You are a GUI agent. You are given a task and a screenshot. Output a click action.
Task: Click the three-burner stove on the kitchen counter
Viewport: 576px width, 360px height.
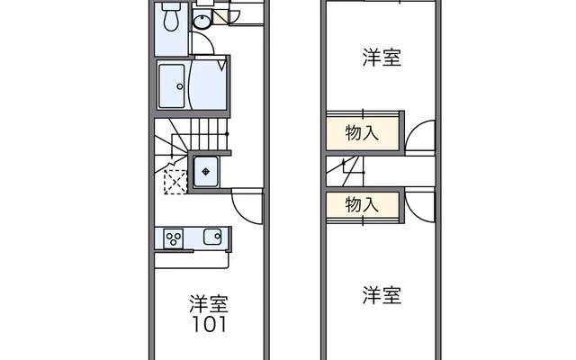(x=174, y=238)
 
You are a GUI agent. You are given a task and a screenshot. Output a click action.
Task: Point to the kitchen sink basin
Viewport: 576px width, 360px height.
(x=212, y=238)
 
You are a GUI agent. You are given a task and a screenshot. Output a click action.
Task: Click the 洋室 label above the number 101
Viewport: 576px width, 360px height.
(x=208, y=301)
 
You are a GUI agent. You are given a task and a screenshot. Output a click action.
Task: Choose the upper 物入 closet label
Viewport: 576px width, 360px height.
(x=362, y=132)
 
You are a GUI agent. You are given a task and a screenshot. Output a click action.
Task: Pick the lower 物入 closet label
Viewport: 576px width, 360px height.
(x=362, y=205)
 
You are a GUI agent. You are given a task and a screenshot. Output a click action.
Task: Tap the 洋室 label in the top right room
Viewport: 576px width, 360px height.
(x=382, y=58)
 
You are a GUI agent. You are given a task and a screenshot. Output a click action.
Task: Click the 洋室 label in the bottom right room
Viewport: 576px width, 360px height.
(x=382, y=294)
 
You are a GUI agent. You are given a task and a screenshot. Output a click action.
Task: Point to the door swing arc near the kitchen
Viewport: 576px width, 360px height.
(x=245, y=205)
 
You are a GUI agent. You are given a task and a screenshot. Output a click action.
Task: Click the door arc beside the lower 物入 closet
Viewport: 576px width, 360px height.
(x=418, y=205)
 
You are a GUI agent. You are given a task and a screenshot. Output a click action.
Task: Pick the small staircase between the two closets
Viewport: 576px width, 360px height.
(x=346, y=168)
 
